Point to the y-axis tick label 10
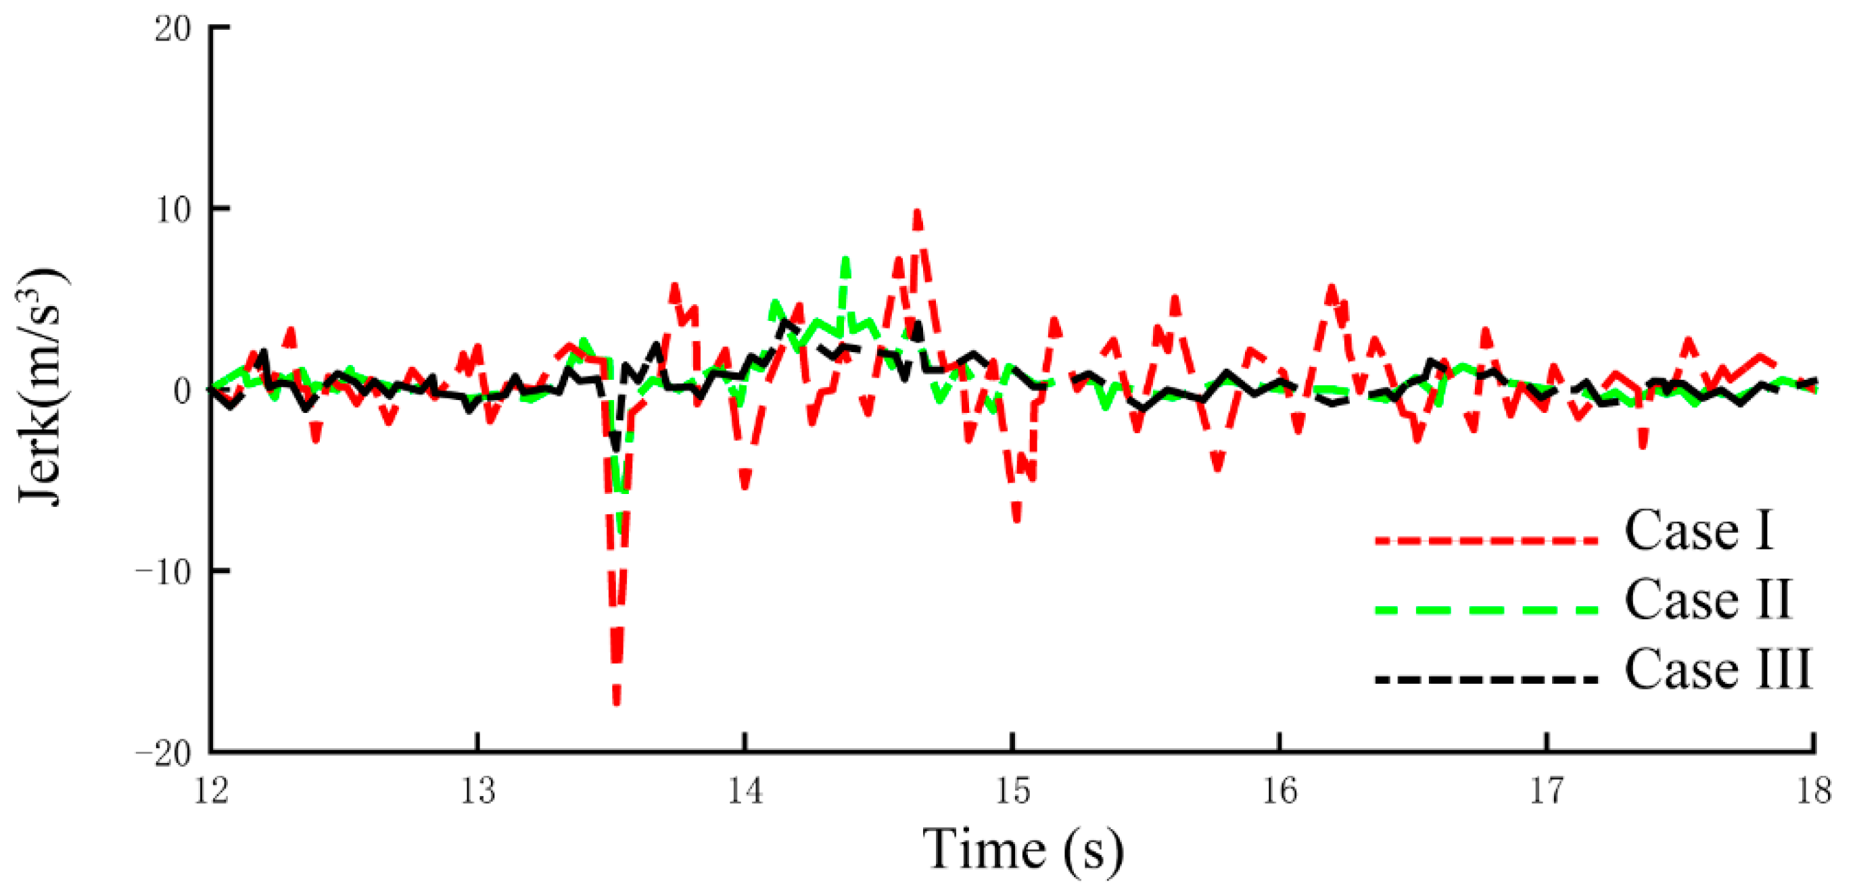click(x=173, y=209)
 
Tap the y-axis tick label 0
click(x=183, y=391)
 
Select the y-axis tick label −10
click(x=164, y=572)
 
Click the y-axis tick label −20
click(x=164, y=753)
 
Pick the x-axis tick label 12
click(x=210, y=791)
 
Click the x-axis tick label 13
click(x=478, y=791)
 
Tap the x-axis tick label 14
click(x=745, y=791)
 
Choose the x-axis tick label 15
click(x=1012, y=791)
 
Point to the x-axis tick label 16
click(x=1279, y=791)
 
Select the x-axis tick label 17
click(x=1547, y=791)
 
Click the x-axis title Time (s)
click(x=1023, y=850)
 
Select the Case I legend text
click(x=1698, y=530)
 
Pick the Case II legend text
click(x=1707, y=599)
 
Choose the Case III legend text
click(x=1717, y=670)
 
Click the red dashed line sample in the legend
click(x=1486, y=541)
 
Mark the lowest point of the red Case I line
click(x=616, y=705)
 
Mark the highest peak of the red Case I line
click(x=918, y=212)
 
